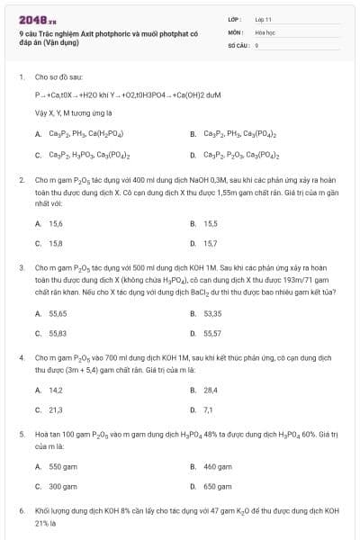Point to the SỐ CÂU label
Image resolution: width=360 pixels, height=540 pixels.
pyautogui.click(x=238, y=43)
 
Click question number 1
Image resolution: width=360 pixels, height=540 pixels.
pyautogui.click(x=21, y=77)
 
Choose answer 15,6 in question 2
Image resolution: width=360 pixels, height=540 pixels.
pyautogui.click(x=57, y=223)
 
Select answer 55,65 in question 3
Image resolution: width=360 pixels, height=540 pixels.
pyautogui.click(x=58, y=313)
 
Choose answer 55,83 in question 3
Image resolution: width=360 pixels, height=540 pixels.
pyautogui.click(x=58, y=333)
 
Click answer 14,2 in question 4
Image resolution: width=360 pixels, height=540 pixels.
pyautogui.click(x=56, y=390)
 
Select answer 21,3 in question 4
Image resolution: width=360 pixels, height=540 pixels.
pyautogui.click(x=56, y=409)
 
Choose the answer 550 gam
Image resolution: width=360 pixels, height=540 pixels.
pyautogui.click(x=63, y=466)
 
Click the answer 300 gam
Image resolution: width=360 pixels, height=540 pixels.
pyautogui.click(x=63, y=486)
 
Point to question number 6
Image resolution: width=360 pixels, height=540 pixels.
pyautogui.click(x=21, y=510)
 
